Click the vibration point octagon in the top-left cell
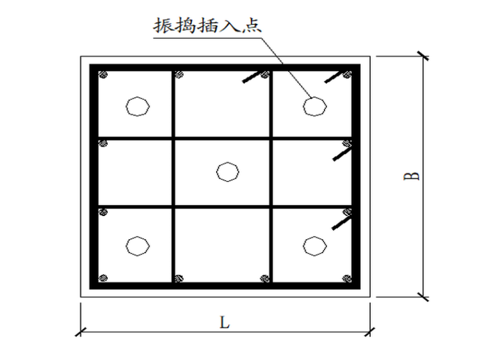[x=137, y=106]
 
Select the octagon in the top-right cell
[x=313, y=106]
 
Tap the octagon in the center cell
[x=227, y=171]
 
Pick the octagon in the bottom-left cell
[x=137, y=245]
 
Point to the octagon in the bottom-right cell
[x=313, y=245]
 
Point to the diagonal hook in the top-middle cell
[x=251, y=77]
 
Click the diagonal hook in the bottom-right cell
[x=341, y=222]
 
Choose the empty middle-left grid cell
[x=135, y=172]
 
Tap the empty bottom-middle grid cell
[x=222, y=244]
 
